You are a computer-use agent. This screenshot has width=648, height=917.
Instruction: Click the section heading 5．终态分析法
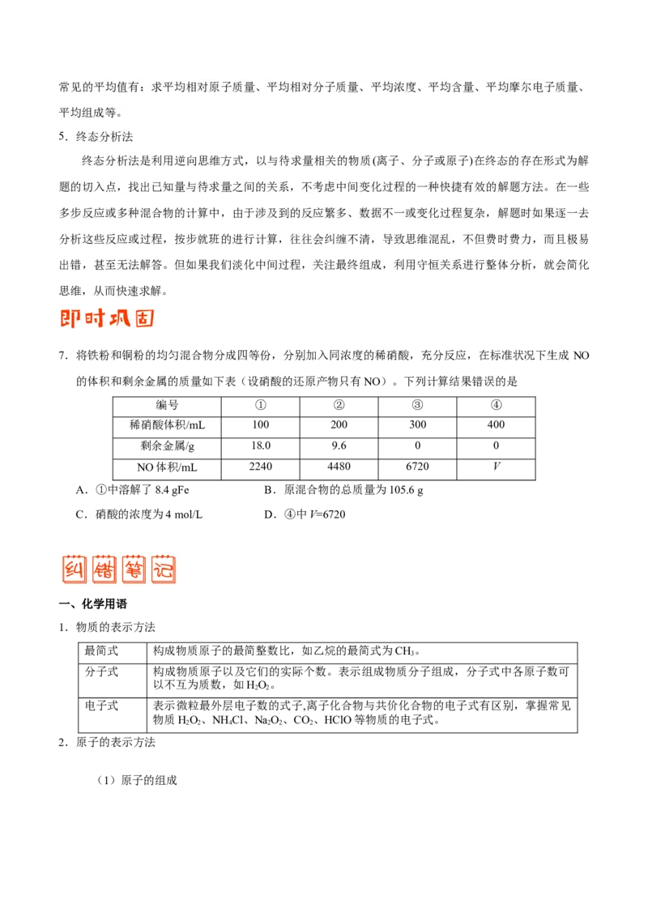click(x=96, y=137)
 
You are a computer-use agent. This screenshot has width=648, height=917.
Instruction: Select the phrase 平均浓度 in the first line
click(x=394, y=87)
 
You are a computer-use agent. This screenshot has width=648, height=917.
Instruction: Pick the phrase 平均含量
click(x=451, y=87)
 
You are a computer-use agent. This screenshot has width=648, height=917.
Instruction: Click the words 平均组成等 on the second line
click(x=87, y=112)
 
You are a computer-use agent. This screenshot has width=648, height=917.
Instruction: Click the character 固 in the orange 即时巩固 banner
click(x=144, y=317)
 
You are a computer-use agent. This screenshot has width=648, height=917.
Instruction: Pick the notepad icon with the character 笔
click(x=132, y=569)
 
